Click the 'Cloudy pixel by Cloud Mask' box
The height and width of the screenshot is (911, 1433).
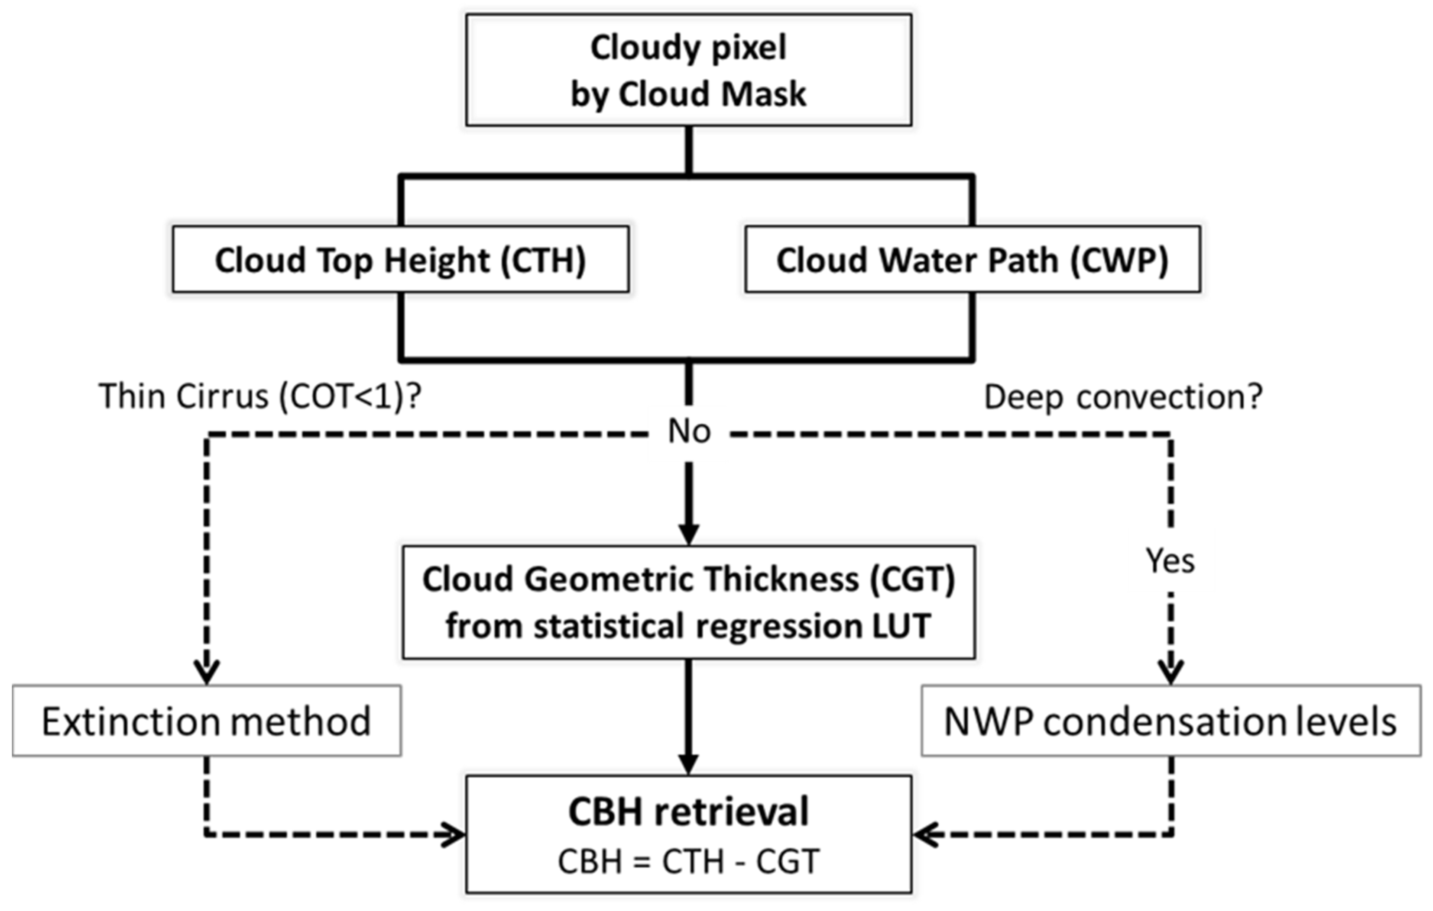(x=688, y=70)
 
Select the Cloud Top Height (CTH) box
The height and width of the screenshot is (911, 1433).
(x=401, y=259)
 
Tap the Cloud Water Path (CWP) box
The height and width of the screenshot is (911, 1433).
(x=973, y=259)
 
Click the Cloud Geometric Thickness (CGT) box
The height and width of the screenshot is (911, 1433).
(x=688, y=602)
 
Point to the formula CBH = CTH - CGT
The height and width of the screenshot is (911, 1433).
(x=688, y=861)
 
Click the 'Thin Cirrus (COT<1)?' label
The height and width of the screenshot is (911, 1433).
(x=260, y=396)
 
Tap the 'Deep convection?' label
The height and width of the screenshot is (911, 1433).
(x=1123, y=396)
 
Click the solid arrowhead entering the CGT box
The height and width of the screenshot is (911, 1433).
(x=688, y=534)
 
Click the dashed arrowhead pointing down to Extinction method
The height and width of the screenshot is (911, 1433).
(x=207, y=672)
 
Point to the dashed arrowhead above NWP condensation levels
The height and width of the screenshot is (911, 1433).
(x=1170, y=672)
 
